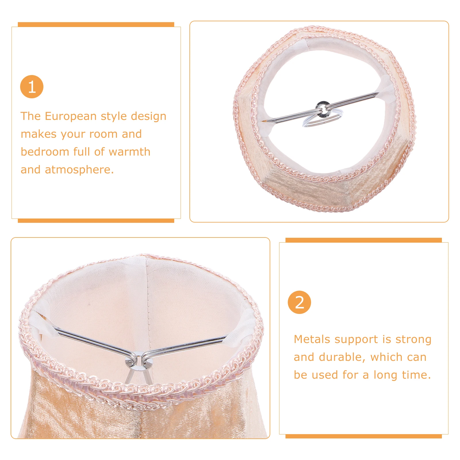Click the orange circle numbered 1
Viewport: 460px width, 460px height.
[32, 87]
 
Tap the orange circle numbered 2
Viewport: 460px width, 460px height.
[299, 302]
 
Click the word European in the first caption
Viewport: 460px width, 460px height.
[70, 116]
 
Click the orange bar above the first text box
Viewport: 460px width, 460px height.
[96, 24]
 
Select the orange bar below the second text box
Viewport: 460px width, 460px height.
[363, 436]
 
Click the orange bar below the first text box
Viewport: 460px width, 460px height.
[96, 221]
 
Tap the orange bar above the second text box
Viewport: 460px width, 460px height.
[363, 240]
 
